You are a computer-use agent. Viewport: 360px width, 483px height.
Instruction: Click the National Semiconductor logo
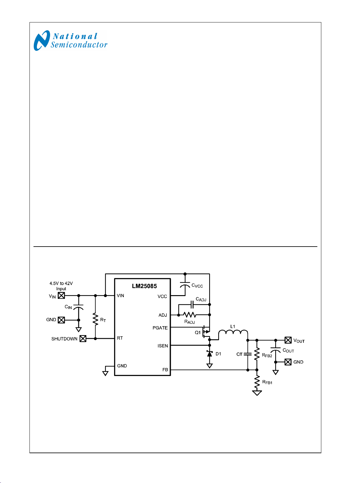[x=70, y=41]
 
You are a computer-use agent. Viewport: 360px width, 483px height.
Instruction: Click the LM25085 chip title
[x=144, y=286]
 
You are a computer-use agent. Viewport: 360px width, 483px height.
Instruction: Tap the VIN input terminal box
[x=61, y=295]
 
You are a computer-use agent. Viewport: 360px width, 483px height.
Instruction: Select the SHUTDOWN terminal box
[x=83, y=338]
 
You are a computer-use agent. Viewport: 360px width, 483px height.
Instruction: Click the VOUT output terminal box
[x=288, y=340]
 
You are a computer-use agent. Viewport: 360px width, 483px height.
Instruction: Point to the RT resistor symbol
[x=96, y=319]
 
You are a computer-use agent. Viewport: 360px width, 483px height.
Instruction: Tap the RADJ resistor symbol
[x=190, y=315]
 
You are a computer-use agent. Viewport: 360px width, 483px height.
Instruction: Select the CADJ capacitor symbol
[x=192, y=305]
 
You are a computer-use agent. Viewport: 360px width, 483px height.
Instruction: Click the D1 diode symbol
[x=210, y=354]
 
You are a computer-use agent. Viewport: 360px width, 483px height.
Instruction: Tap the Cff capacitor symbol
[x=248, y=354]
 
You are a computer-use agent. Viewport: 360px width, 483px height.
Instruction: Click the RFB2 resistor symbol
[x=257, y=354]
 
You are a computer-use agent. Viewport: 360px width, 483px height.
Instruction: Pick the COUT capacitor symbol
[x=276, y=350]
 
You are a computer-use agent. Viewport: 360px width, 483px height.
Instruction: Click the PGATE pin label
[x=160, y=328]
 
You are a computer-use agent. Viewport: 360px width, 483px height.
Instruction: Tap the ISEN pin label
[x=162, y=346]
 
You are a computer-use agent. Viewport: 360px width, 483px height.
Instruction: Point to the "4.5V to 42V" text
[x=61, y=283]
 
